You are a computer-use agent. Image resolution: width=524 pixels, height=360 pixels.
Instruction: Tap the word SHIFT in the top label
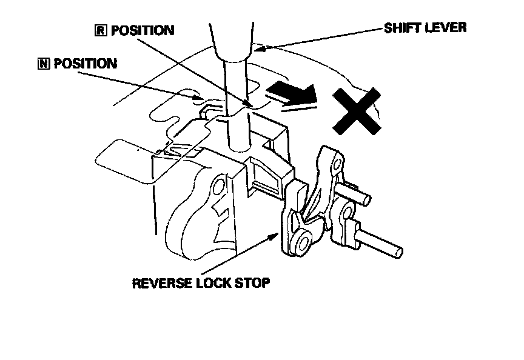coord(403,28)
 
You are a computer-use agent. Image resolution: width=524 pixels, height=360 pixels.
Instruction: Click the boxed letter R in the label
coord(101,30)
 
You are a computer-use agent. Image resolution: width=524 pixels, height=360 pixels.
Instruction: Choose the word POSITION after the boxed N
coord(86,64)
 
